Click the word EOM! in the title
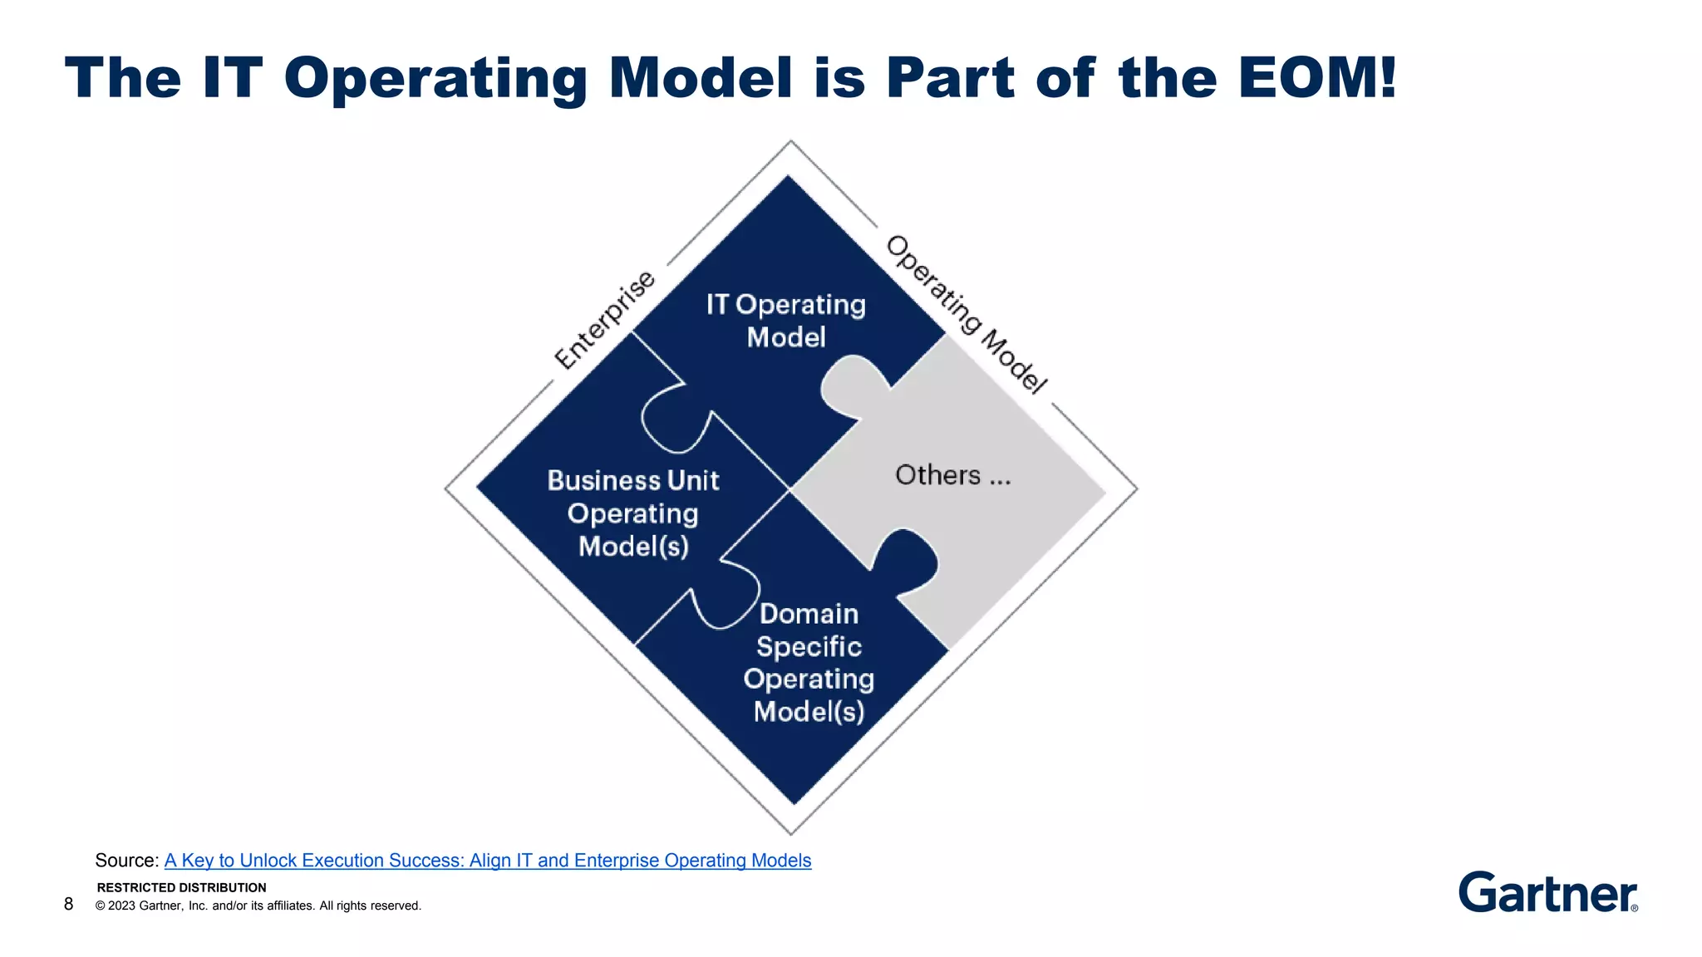pos(1316,78)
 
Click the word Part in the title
pos(950,78)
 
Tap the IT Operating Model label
pos(785,321)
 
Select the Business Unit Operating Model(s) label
pos(633,513)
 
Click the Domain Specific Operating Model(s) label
pos(809,662)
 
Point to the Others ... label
pos(952,475)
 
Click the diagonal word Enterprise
pos(604,321)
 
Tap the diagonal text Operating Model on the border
pos(966,314)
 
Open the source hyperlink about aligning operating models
pos(487,861)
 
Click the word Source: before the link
pos(126,861)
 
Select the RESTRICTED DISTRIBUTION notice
pos(181,887)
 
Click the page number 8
pos(68,904)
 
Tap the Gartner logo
pos(1547,892)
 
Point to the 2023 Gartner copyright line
pos(258,905)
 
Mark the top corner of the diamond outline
pos(790,142)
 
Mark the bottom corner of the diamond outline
pos(791,833)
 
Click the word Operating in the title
pos(435,78)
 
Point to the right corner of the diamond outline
pos(1135,488)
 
